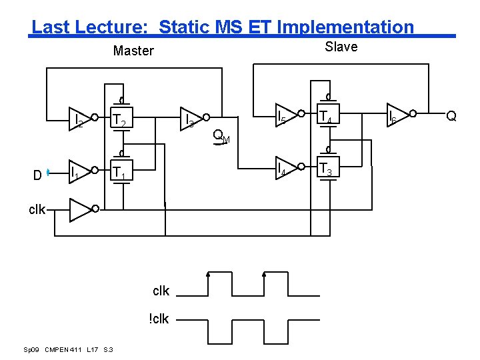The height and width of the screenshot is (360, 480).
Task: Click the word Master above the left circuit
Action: (133, 51)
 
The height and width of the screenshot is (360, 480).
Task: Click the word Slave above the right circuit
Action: (341, 47)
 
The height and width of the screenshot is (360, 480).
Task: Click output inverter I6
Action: (397, 117)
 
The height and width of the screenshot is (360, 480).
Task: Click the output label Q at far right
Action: (451, 116)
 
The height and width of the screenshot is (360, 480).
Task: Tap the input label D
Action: (38, 175)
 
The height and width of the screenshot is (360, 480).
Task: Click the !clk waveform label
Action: (159, 319)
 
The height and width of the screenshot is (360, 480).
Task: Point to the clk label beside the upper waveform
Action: (161, 291)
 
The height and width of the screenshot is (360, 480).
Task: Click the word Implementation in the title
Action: (345, 27)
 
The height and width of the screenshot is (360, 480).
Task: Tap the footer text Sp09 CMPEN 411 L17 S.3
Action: (69, 350)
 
